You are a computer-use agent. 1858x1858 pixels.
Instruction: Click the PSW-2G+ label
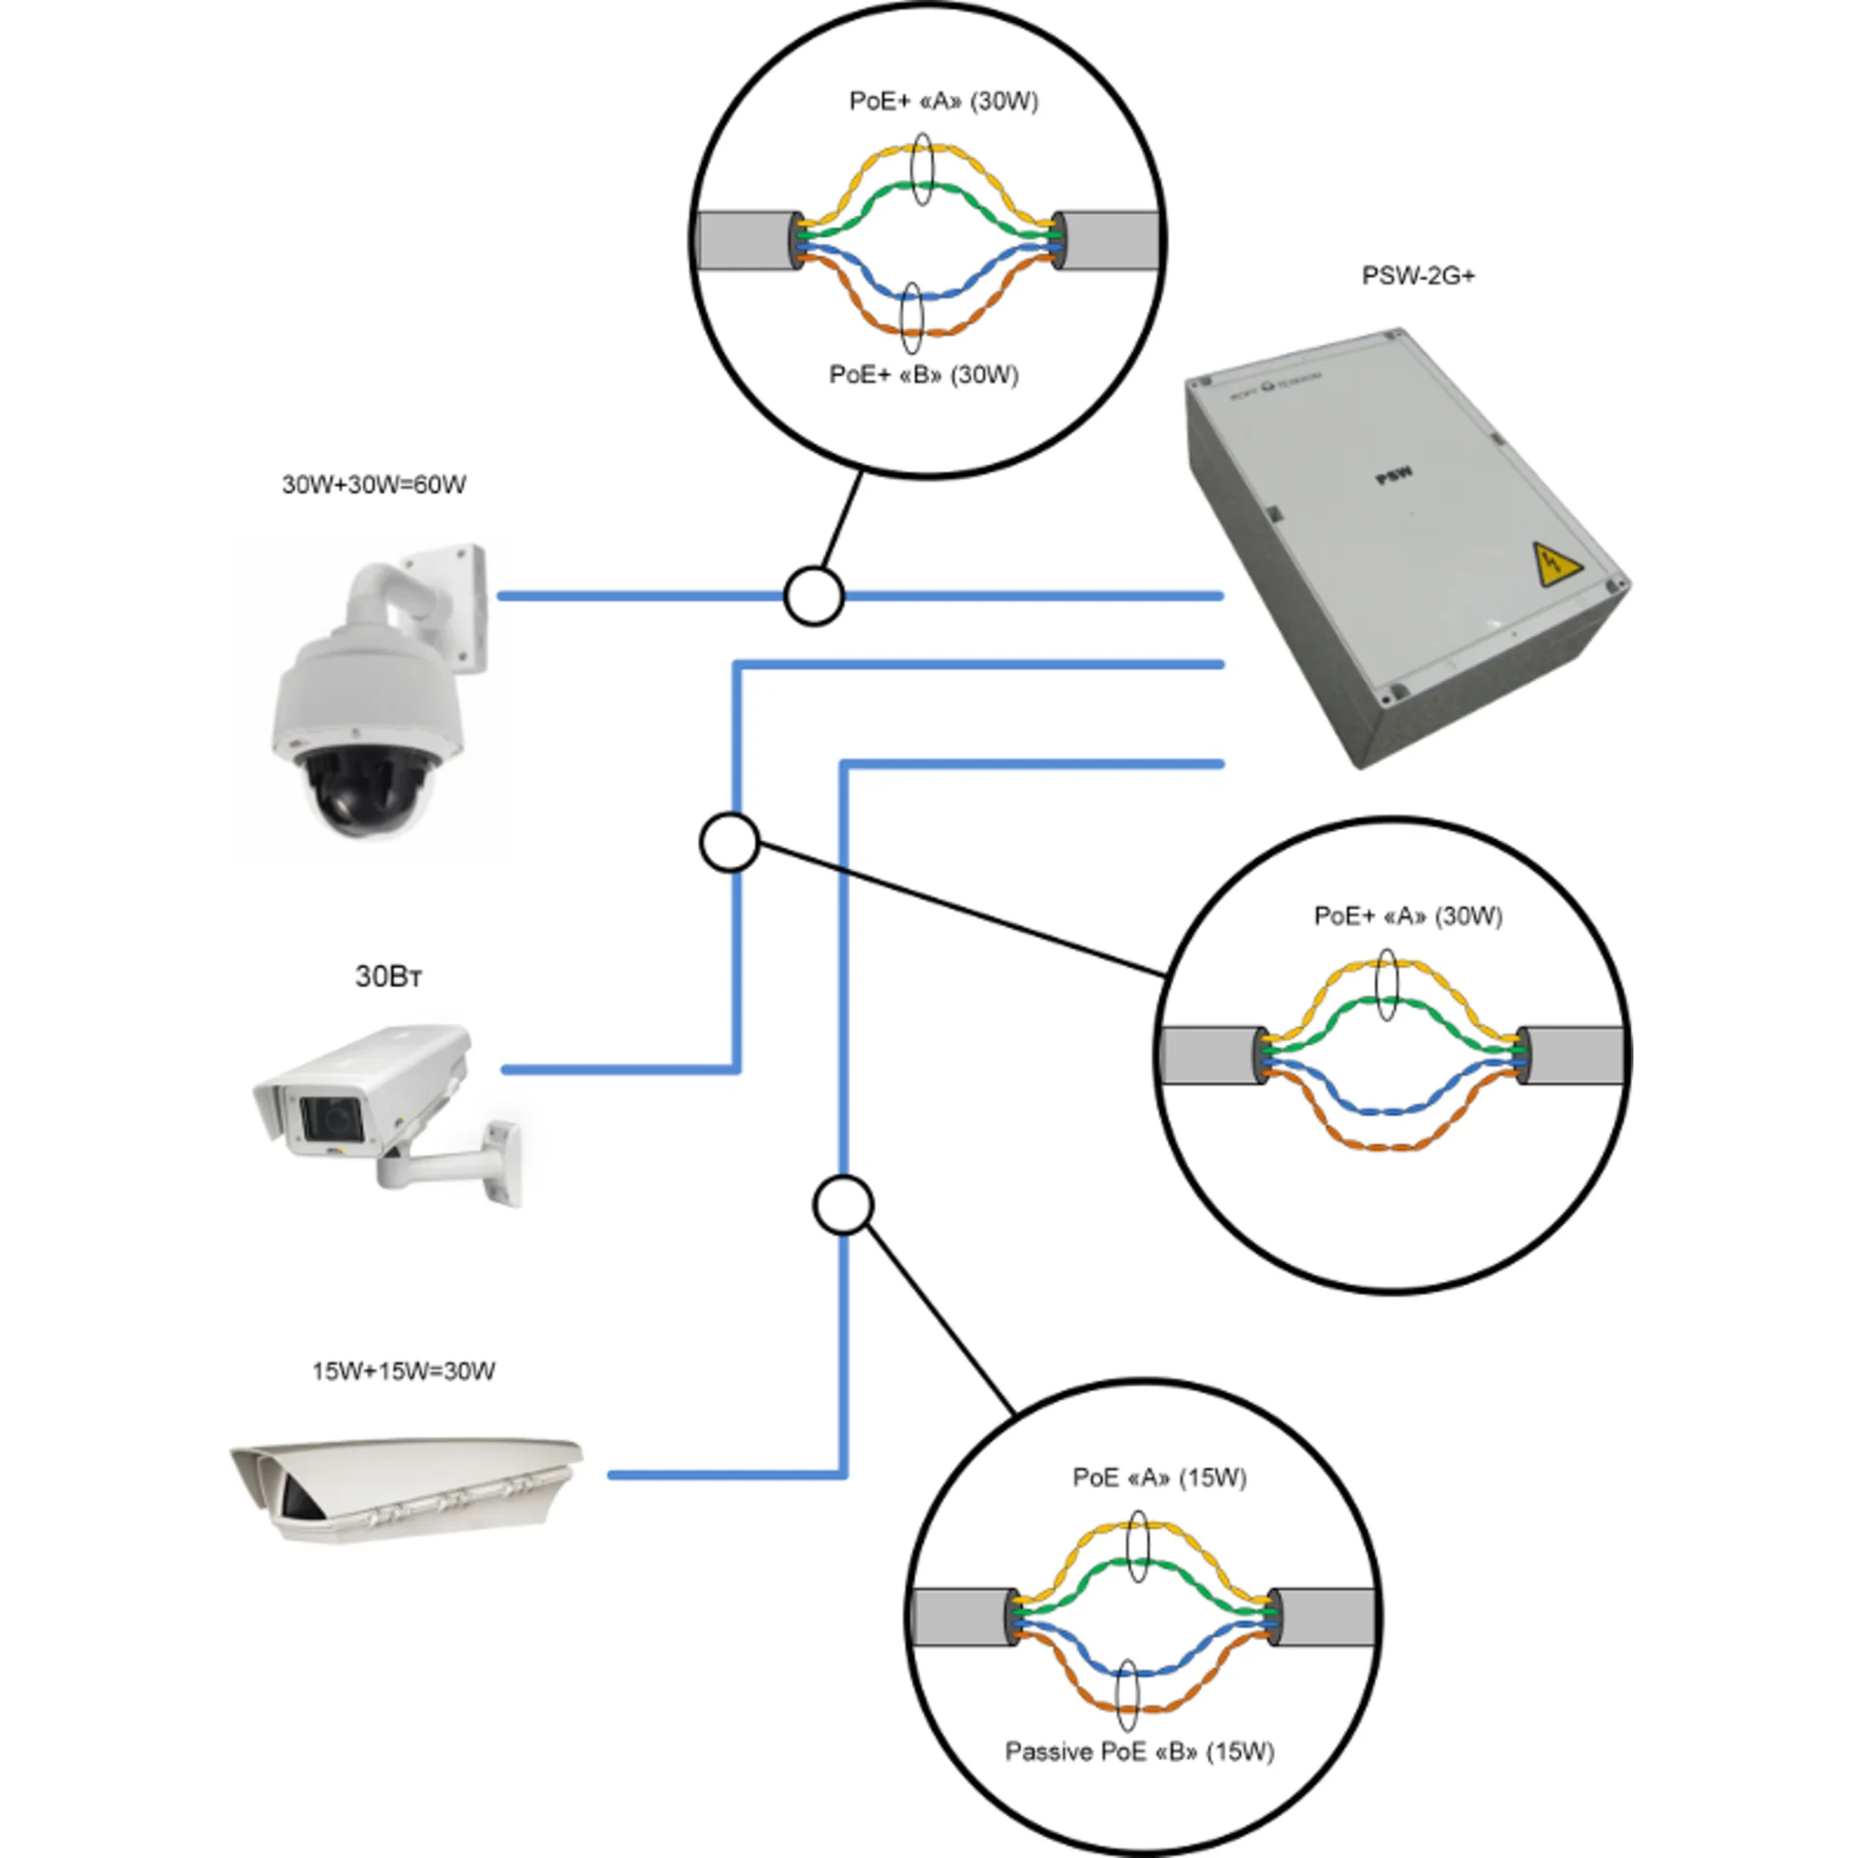[x=1418, y=277]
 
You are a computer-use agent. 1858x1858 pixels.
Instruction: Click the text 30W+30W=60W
[x=374, y=485]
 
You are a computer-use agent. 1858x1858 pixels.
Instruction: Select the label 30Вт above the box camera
[x=388, y=977]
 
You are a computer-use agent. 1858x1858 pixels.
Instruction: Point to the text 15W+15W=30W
[x=404, y=1371]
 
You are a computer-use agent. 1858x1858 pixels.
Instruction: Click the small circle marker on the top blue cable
[x=814, y=596]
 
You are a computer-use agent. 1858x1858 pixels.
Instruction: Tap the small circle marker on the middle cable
[x=729, y=843]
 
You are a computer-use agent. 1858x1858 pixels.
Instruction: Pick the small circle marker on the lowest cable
[x=844, y=1206]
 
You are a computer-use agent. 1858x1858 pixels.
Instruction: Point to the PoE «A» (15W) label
[x=1159, y=1478]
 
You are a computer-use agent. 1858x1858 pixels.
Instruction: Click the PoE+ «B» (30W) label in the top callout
[x=923, y=375]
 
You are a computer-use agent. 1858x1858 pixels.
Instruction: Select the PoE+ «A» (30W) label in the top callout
[x=944, y=102]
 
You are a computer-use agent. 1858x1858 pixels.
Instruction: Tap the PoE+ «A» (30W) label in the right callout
[x=1407, y=916]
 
